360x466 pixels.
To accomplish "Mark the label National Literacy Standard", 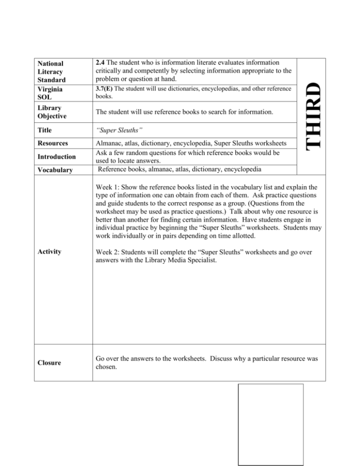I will click(52, 70).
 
